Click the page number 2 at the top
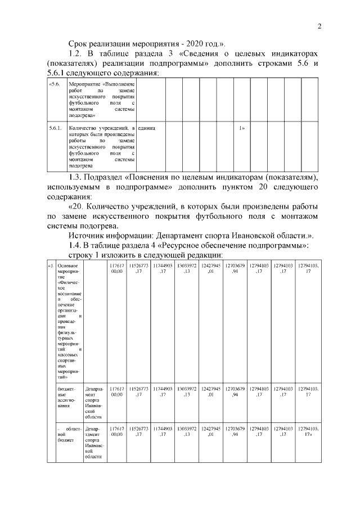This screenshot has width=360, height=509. (319, 26)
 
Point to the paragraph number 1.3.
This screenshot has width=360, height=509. (76, 178)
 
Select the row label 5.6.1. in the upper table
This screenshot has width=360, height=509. (56, 129)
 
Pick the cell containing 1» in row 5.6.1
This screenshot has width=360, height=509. (242, 129)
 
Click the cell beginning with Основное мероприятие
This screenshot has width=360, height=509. (70, 321)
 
